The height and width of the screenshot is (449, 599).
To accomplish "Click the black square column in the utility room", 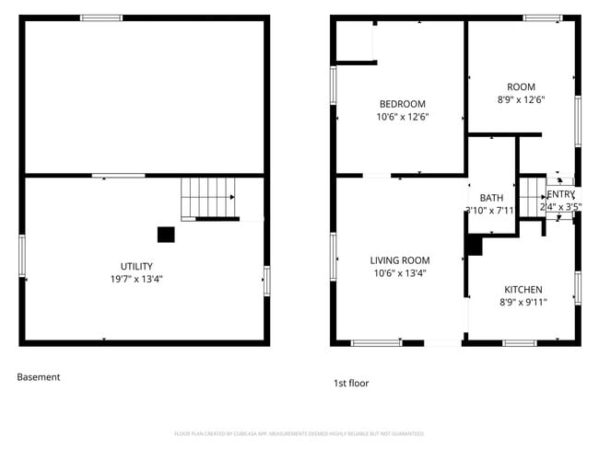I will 166,235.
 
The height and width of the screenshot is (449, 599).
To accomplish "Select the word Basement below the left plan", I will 39,376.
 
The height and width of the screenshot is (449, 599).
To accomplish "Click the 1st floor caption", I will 351,383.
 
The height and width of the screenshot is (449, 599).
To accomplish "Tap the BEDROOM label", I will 403,104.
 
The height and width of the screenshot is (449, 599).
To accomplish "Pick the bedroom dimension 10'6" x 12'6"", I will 403,117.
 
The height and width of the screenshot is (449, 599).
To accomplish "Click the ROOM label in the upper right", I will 521,87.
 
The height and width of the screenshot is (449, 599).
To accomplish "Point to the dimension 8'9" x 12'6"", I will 521,100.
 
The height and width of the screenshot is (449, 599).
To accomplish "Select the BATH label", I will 491,198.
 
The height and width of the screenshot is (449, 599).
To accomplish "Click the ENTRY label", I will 560,195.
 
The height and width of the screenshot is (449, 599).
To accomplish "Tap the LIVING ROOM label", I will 400,260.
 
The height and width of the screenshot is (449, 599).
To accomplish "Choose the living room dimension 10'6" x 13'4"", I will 400,273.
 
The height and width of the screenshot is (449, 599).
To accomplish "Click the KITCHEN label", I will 522,290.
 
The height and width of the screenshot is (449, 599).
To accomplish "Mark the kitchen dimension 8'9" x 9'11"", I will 522,302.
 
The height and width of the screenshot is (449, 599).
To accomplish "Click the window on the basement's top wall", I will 101,17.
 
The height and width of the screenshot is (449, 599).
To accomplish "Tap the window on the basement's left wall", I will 22,255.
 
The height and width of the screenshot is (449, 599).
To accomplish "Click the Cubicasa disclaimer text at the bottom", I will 299,433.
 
